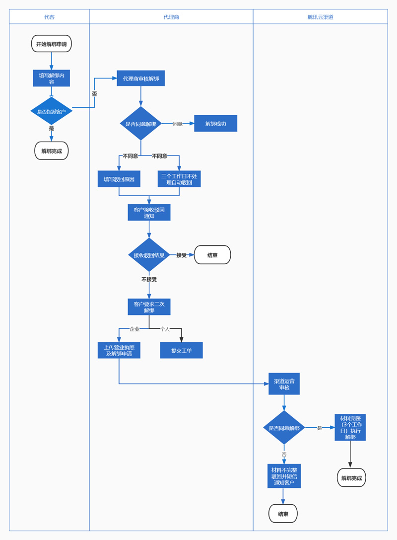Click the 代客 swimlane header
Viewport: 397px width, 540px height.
(x=49, y=17)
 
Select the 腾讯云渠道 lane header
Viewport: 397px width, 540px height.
(x=320, y=17)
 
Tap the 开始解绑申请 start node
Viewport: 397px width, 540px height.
(x=52, y=44)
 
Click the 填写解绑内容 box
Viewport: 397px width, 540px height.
(x=52, y=78)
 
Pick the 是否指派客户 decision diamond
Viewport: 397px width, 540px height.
(x=52, y=111)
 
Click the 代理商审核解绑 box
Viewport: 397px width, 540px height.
(x=141, y=78)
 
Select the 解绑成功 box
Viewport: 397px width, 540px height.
(x=216, y=124)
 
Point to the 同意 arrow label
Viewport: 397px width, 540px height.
(x=178, y=124)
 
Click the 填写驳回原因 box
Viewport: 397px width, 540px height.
(x=119, y=179)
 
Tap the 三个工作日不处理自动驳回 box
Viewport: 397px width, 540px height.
(x=179, y=179)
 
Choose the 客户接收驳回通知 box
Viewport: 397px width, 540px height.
(x=149, y=213)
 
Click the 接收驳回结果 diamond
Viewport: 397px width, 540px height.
(x=149, y=255)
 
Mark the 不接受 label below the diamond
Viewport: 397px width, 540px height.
(x=149, y=280)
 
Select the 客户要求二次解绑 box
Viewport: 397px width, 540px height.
(x=149, y=307)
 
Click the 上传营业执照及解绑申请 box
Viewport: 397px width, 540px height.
(x=119, y=350)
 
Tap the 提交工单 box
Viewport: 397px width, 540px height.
(x=181, y=350)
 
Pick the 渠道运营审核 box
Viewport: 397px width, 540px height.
(x=284, y=384)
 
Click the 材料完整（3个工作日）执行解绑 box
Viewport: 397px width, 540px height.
(x=350, y=427)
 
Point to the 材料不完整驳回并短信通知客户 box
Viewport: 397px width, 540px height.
(x=284, y=476)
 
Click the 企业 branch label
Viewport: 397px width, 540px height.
(x=134, y=329)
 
